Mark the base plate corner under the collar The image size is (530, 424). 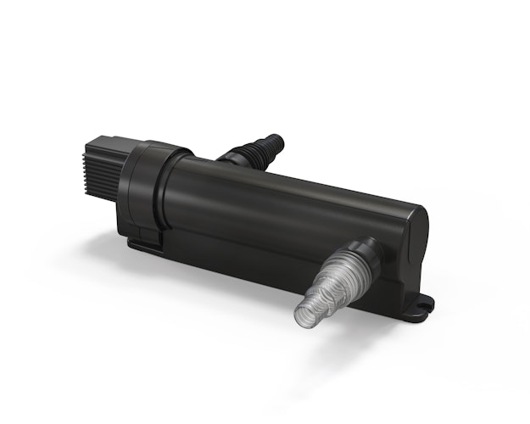click(134, 245)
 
